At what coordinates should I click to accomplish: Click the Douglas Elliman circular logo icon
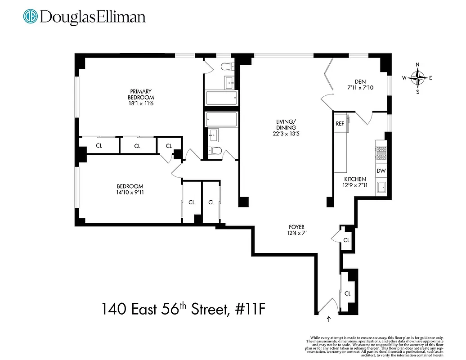click(30, 17)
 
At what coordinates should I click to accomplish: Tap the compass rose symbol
click(418, 78)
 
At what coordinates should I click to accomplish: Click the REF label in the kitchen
click(340, 123)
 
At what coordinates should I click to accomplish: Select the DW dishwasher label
click(381, 171)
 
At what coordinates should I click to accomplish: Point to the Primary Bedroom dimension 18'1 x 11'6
click(141, 103)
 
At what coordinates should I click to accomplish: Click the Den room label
click(360, 81)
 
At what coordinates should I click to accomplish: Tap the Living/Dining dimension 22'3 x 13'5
click(286, 134)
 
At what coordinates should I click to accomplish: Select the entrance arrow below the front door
click(328, 319)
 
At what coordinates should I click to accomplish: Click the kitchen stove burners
click(381, 152)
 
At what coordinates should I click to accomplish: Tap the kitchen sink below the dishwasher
click(381, 187)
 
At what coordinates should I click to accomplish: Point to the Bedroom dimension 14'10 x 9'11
click(130, 193)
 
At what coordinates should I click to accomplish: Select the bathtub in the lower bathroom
click(221, 120)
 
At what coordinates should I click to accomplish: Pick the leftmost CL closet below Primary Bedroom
click(99, 146)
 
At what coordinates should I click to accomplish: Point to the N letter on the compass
click(418, 65)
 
